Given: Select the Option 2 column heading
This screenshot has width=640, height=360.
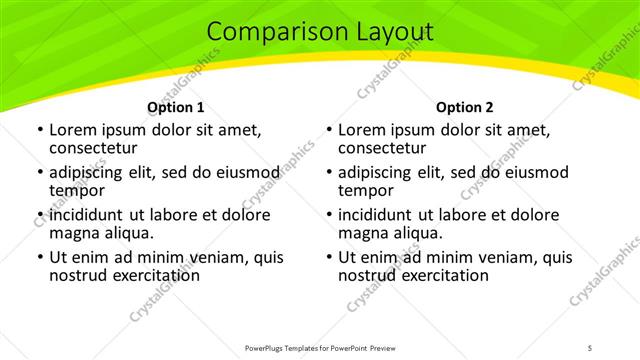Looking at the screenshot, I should point(465,107).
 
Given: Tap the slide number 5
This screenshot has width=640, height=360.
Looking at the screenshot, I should point(591,347).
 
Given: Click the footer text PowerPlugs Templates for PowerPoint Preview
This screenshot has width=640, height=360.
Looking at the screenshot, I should point(319,347).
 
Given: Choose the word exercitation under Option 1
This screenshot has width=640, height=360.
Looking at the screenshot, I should point(154,275).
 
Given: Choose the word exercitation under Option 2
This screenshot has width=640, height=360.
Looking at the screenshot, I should point(443,275).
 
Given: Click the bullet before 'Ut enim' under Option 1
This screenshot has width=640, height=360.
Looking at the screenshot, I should point(38,257).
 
